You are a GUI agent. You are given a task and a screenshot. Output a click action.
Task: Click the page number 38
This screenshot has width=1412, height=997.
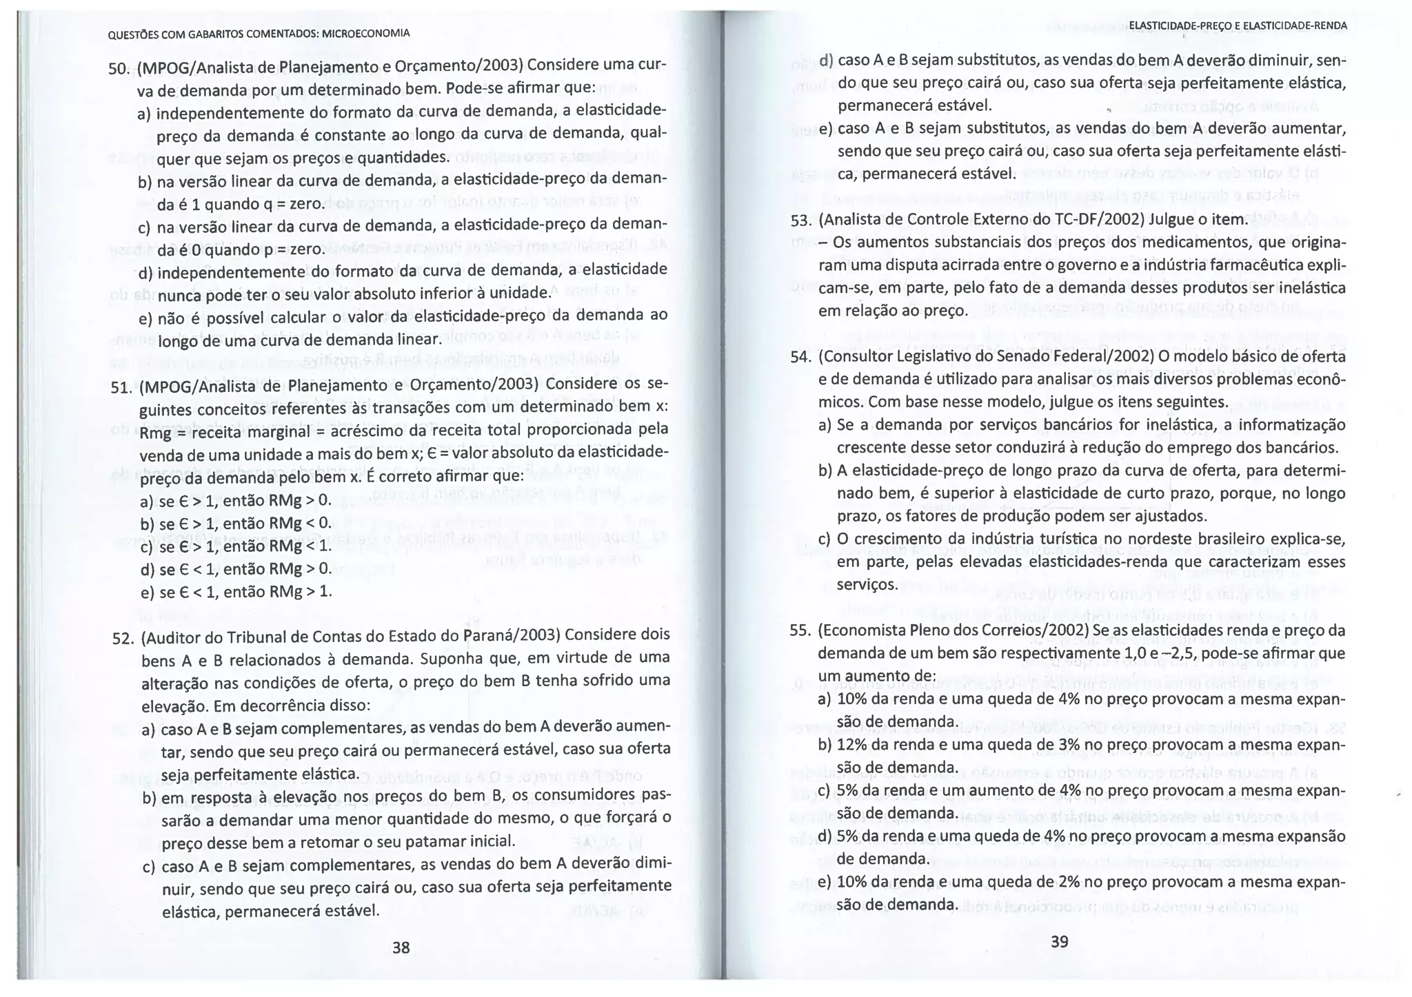pyautogui.click(x=401, y=947)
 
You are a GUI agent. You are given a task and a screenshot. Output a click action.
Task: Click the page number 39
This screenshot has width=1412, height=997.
pyautogui.click(x=1060, y=941)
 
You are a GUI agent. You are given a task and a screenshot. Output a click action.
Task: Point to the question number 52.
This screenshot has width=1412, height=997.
pyautogui.click(x=123, y=638)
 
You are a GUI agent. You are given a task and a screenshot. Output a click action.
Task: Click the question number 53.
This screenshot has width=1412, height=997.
pyautogui.click(x=800, y=220)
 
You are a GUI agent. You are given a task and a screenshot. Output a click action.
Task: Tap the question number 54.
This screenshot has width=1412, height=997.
pyautogui.click(x=800, y=357)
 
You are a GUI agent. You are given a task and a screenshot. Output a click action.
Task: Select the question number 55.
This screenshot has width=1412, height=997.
pyautogui.click(x=800, y=631)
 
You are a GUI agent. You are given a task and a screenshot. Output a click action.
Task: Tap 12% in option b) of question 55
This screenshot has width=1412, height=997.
pyautogui.click(x=851, y=744)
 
